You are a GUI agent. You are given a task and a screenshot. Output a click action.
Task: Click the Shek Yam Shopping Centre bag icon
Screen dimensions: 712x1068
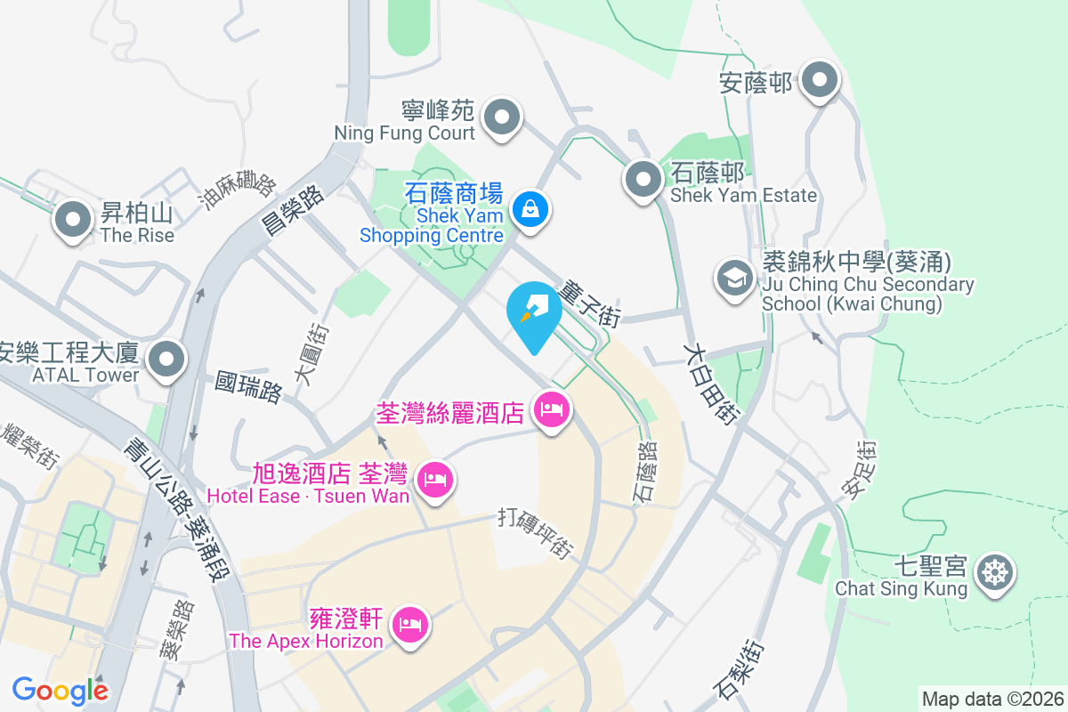pyautogui.click(x=530, y=210)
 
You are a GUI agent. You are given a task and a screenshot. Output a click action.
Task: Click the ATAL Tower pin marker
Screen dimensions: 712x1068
pyautogui.click(x=166, y=360)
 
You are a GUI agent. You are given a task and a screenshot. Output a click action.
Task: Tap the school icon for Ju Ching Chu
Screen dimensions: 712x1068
pyautogui.click(x=735, y=278)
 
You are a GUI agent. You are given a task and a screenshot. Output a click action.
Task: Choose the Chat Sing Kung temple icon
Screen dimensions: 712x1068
pyautogui.click(x=994, y=571)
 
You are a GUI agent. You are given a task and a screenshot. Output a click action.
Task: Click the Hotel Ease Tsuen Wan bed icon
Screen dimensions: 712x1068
pyautogui.click(x=434, y=481)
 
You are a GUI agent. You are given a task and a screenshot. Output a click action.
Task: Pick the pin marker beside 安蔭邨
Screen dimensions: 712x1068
pyautogui.click(x=819, y=82)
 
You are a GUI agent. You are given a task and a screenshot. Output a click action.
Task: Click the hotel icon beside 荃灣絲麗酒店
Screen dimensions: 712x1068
pyautogui.click(x=553, y=410)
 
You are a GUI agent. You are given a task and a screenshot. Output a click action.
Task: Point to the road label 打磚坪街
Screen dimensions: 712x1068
pyautogui.click(x=535, y=533)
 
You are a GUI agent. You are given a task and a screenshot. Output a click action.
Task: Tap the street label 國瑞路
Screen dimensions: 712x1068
pyautogui.click(x=250, y=388)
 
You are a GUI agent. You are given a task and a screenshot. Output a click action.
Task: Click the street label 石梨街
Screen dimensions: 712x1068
pyautogui.click(x=738, y=670)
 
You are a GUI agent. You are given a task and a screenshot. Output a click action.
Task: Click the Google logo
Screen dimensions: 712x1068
pyautogui.click(x=61, y=690)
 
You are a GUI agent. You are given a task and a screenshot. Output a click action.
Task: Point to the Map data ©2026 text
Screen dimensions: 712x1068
pyautogui.click(x=991, y=699)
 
